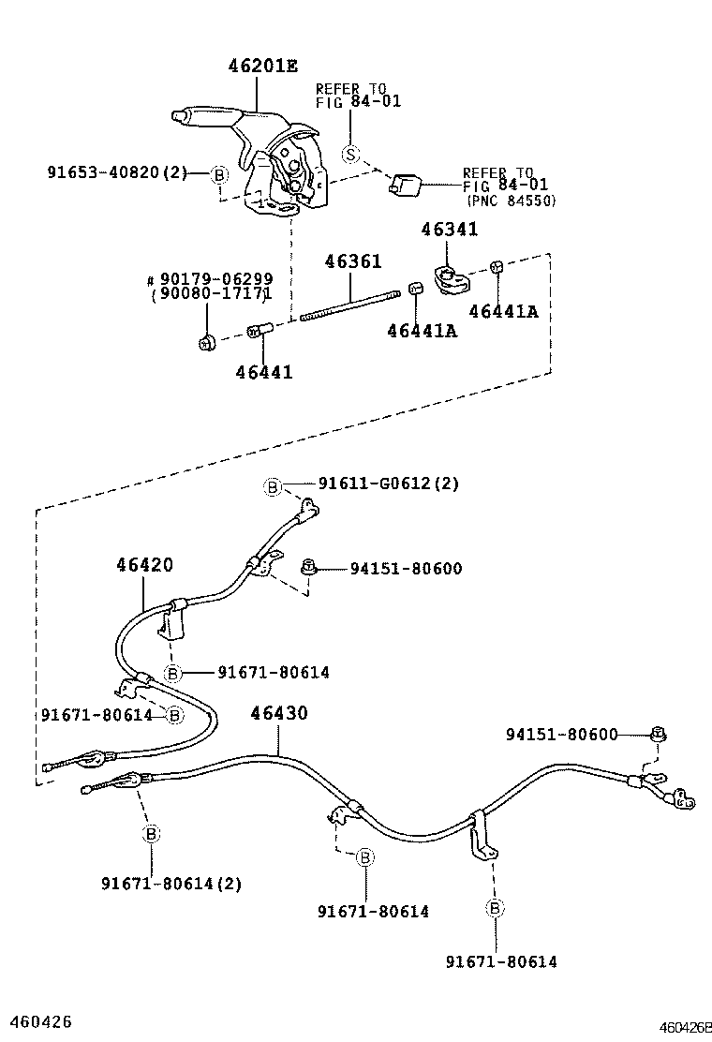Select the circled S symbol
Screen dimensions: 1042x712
pyautogui.click(x=350, y=154)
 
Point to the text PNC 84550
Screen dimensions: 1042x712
pyautogui.click(x=511, y=201)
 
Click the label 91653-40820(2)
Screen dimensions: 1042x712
pyautogui.click(x=117, y=172)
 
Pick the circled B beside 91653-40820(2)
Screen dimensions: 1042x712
pyautogui.click(x=218, y=173)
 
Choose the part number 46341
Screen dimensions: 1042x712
pyautogui.click(x=449, y=229)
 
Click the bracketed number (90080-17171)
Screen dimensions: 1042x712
pyautogui.click(x=211, y=294)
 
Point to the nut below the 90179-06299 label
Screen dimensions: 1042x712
pyautogui.click(x=206, y=343)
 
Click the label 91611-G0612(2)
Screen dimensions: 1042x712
pyautogui.click(x=388, y=484)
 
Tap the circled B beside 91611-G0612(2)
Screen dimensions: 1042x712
pyautogui.click(x=272, y=485)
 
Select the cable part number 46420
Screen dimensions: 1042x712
pyautogui.click(x=144, y=565)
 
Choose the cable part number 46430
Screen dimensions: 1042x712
pyautogui.click(x=278, y=714)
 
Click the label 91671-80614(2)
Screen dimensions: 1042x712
pyautogui.click(x=171, y=883)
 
